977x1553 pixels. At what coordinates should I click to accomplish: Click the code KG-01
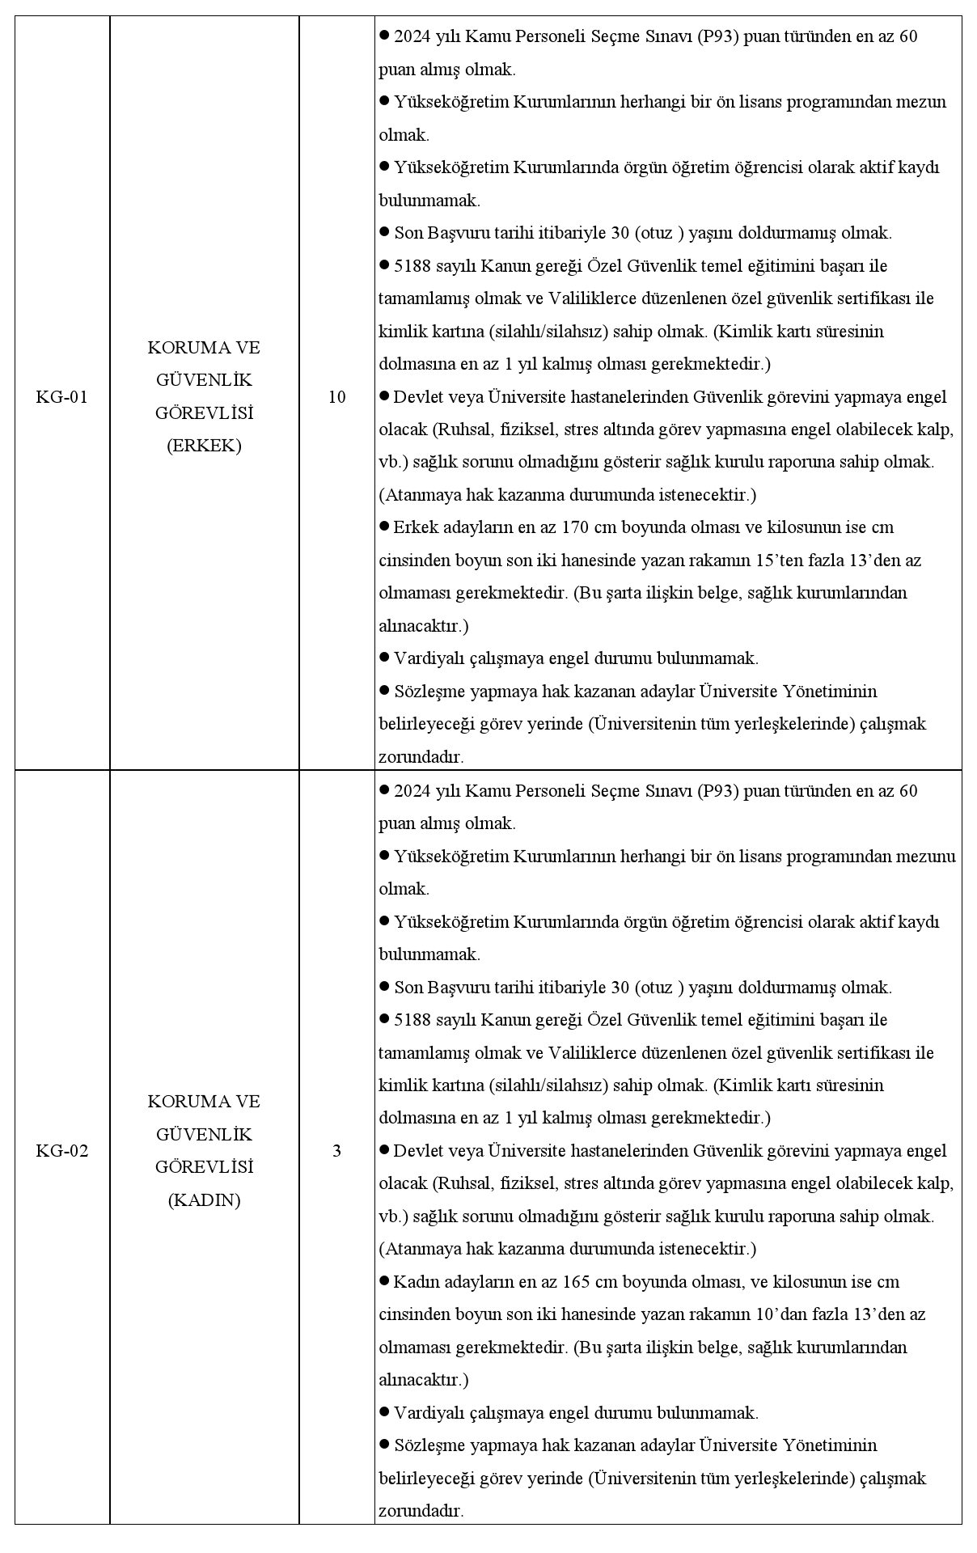(x=61, y=397)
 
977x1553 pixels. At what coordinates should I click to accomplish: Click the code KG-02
(x=61, y=1151)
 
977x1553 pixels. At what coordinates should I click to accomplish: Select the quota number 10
(x=336, y=397)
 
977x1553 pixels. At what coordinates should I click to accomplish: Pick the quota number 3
(x=336, y=1151)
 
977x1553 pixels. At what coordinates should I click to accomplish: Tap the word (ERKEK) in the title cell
(x=204, y=446)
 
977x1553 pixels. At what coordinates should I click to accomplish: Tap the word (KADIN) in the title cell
(x=204, y=1200)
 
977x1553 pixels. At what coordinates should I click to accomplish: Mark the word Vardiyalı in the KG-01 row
(x=425, y=658)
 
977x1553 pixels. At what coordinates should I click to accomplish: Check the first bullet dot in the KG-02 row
(x=384, y=789)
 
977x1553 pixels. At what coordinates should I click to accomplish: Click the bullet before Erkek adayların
(x=384, y=527)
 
